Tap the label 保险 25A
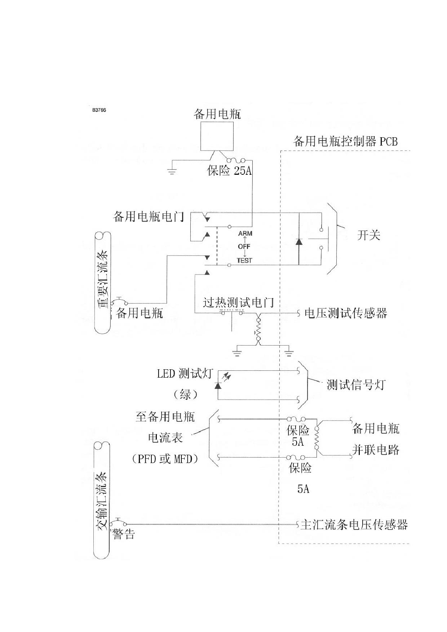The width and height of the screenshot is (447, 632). click(229, 170)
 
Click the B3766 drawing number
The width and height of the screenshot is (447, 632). click(99, 110)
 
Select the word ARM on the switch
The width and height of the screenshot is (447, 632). click(245, 233)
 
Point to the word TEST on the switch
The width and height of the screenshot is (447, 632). click(244, 260)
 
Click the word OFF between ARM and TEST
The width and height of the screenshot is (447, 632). click(244, 247)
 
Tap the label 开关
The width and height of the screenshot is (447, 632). click(369, 235)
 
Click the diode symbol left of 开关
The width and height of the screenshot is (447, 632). click(299, 241)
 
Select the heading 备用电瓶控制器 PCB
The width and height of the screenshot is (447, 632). click(346, 141)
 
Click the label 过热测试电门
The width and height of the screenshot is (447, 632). click(238, 302)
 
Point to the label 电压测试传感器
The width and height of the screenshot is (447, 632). click(346, 313)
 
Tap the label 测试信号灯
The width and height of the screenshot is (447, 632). click(356, 385)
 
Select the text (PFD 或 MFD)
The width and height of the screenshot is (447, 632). click(165, 459)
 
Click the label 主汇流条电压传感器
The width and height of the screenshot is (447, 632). click(354, 525)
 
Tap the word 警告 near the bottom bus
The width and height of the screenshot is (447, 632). click(124, 534)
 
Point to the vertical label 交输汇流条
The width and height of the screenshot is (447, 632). click(102, 502)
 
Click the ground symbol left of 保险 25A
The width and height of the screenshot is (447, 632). click(172, 171)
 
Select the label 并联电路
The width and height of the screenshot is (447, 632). click(376, 450)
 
